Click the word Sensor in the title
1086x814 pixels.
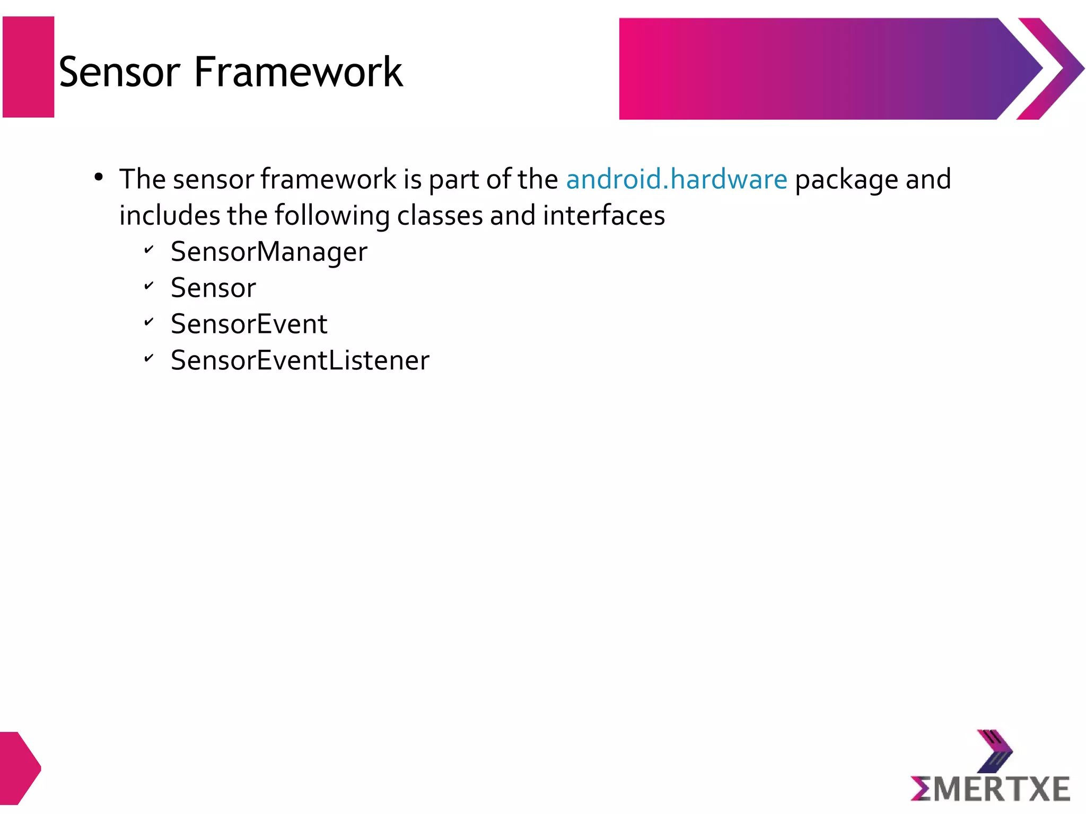point(120,72)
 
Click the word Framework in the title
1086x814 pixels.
point(298,72)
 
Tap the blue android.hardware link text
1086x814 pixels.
point(677,179)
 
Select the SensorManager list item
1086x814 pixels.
point(269,252)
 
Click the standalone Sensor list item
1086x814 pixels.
point(213,288)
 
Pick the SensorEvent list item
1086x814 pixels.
point(249,324)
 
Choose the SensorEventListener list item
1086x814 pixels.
point(300,361)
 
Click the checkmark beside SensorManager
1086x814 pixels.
point(149,249)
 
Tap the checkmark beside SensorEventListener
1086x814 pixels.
point(149,358)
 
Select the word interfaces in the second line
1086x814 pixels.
point(604,216)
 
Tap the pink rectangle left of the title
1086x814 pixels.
point(29,67)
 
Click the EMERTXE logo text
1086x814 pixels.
point(991,789)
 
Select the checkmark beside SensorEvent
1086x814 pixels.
point(149,322)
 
